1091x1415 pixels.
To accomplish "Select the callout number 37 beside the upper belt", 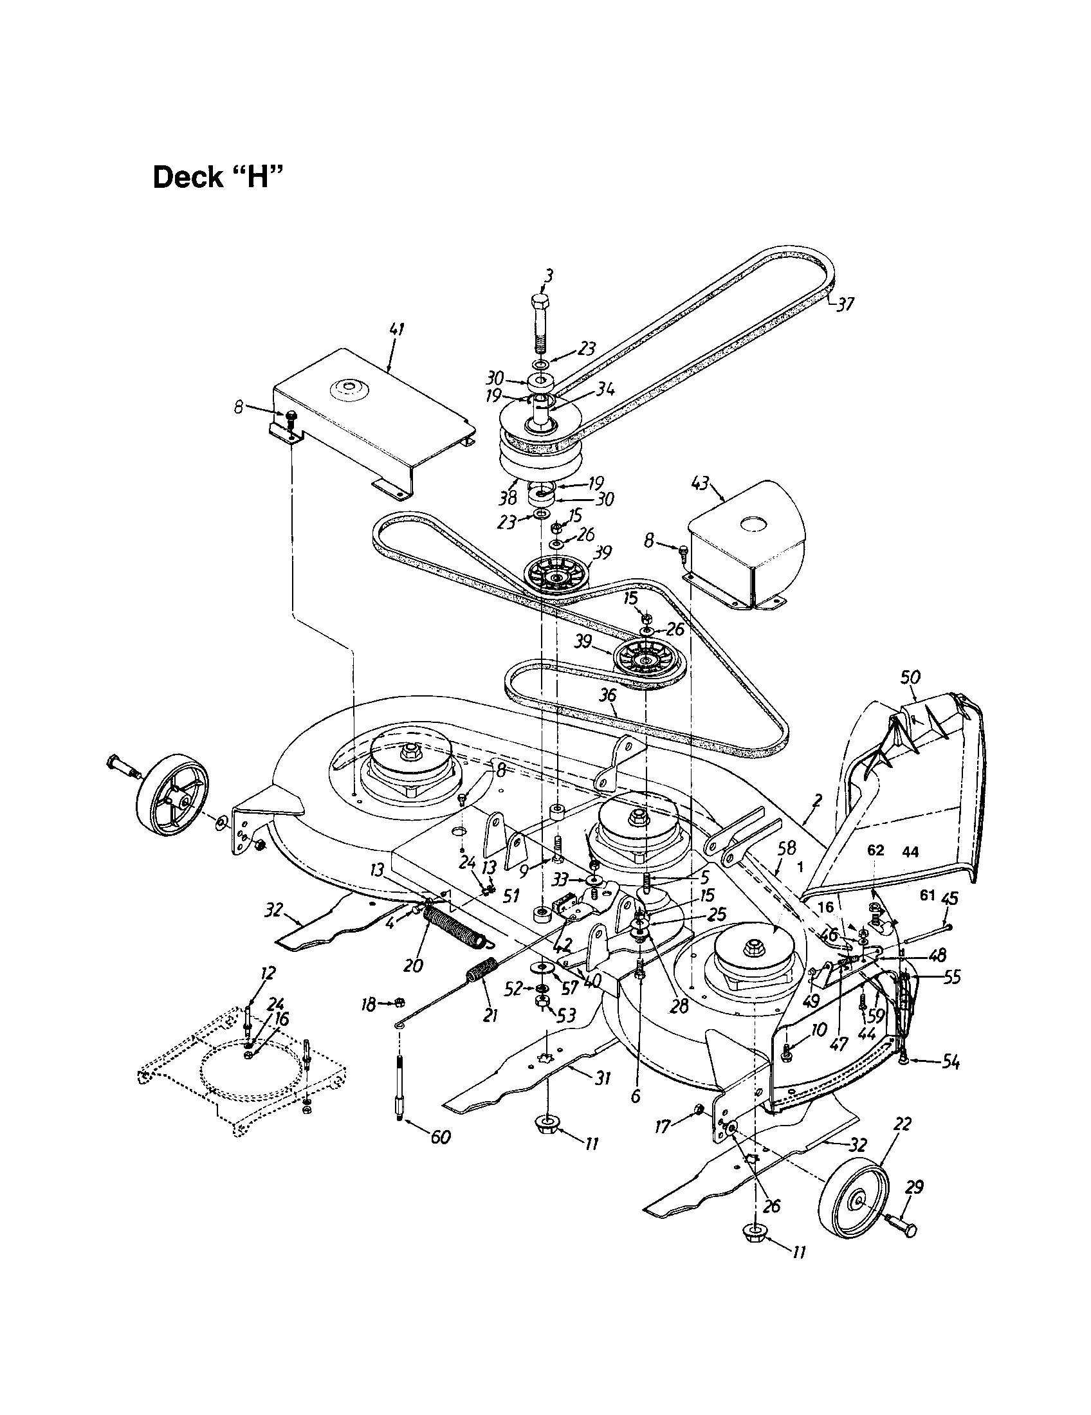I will [845, 304].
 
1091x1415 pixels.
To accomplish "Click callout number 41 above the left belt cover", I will [396, 330].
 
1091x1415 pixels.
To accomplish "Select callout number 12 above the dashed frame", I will [268, 972].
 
